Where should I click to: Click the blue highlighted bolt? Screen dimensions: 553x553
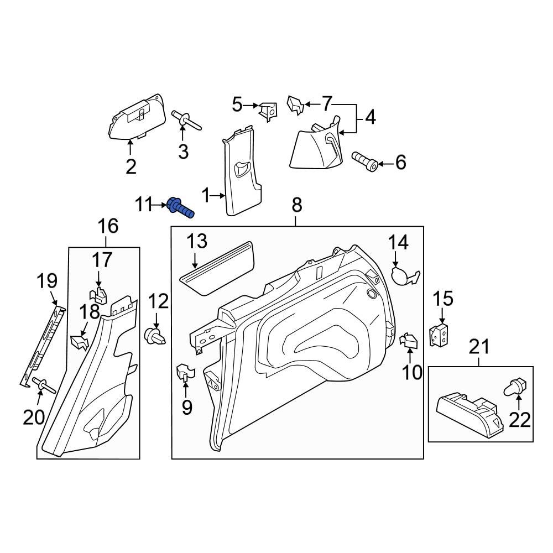tap(180, 208)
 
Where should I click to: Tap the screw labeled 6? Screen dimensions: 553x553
tap(365, 162)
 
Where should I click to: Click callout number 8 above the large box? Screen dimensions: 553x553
tap(296, 206)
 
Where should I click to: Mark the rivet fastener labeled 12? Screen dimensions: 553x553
tap(155, 336)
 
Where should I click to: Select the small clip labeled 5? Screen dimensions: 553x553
tap(269, 111)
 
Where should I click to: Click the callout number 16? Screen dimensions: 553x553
tap(108, 226)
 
